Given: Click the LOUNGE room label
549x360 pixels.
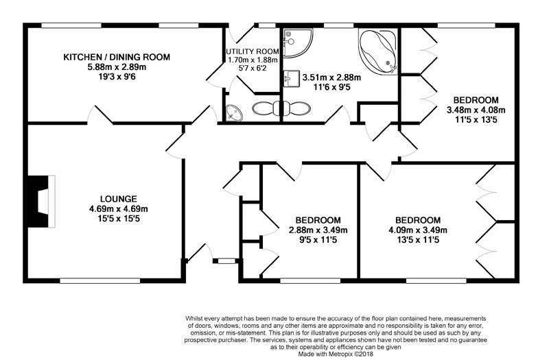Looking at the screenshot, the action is (118, 199).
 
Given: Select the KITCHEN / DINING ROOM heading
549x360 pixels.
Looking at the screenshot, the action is (117, 57).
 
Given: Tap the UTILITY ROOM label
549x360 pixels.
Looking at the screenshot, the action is (253, 51).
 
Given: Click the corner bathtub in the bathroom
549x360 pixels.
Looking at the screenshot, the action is (378, 51).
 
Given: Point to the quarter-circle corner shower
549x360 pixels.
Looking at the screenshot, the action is (297, 43).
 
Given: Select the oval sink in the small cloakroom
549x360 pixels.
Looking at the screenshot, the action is (234, 112).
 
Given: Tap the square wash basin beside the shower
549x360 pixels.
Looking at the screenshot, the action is (291, 79).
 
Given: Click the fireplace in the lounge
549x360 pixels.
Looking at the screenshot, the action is (41, 201).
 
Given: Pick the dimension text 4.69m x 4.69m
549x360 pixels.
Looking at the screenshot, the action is (118, 209).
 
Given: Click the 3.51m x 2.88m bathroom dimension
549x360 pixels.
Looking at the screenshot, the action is (331, 77).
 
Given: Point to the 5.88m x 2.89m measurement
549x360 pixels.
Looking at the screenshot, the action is (117, 67).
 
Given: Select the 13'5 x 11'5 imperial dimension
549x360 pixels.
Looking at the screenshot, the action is (418, 240).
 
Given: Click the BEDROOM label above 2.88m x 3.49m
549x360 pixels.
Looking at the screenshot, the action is (318, 220).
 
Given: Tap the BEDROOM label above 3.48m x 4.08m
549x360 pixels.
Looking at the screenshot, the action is (476, 100).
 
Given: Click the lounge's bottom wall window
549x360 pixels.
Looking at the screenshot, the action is (100, 280).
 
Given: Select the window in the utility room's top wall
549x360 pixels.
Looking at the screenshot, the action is (267, 25).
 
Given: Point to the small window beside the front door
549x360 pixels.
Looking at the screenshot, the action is (226, 261).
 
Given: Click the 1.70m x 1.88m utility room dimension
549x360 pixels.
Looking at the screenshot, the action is (253, 60).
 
